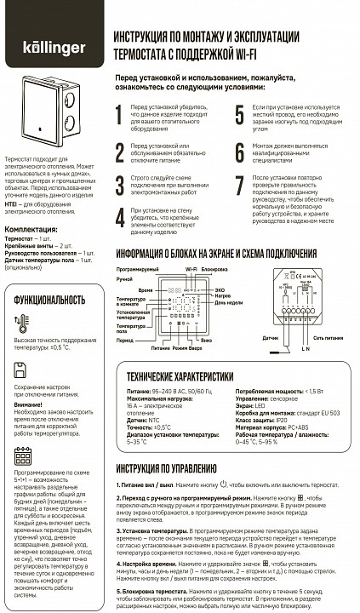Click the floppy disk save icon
point(20,370)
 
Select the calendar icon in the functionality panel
point(22,456)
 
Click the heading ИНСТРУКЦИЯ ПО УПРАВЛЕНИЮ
point(165,467)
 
